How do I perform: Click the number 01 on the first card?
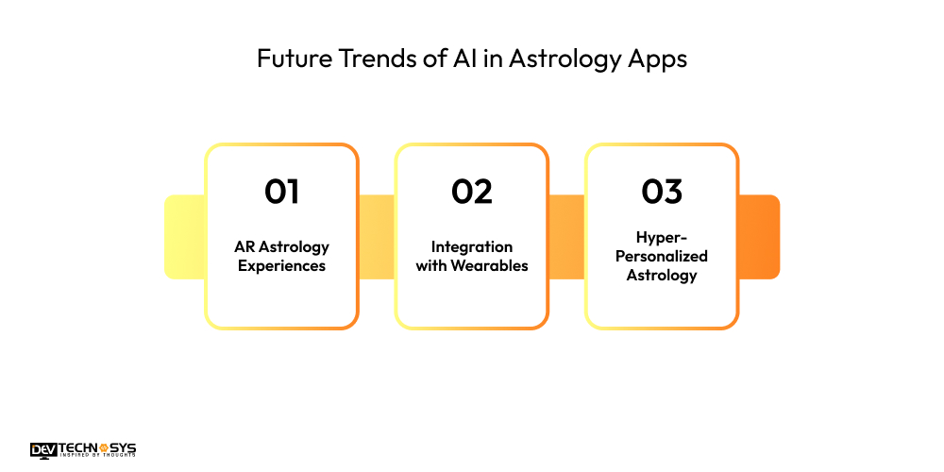[x=281, y=192]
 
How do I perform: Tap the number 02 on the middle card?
[x=471, y=192]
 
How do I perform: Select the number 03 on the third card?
[x=661, y=192]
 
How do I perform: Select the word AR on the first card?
[x=244, y=246]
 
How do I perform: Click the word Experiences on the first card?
[x=281, y=265]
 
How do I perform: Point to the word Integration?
[x=471, y=246]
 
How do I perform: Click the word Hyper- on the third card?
[x=661, y=238]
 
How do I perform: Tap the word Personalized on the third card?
[x=661, y=256]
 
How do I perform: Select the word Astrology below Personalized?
[x=661, y=276]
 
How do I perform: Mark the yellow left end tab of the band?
[x=184, y=237]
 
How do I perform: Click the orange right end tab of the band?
[x=759, y=237]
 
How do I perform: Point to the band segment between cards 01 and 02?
[x=377, y=237]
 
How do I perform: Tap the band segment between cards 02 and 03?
[x=566, y=237]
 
